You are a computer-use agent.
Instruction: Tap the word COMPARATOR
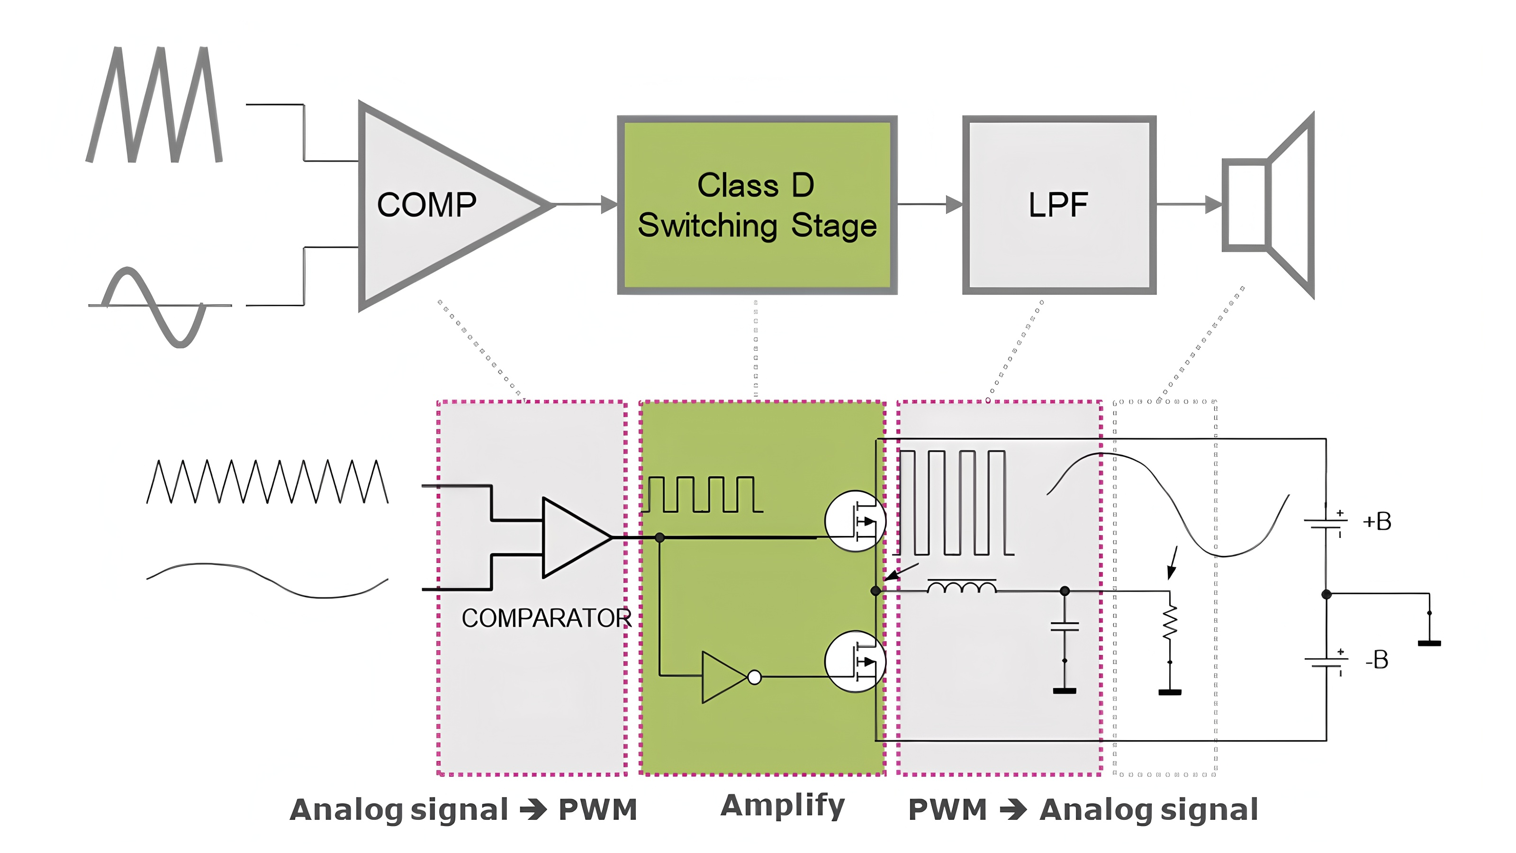[x=546, y=618]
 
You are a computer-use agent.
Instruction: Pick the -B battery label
[x=1377, y=660]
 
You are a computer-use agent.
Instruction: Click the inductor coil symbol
[x=962, y=587]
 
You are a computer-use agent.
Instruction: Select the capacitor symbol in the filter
[x=1065, y=626]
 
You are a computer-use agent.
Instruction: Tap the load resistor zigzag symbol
[x=1170, y=622]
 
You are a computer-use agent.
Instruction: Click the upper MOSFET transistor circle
[x=855, y=521]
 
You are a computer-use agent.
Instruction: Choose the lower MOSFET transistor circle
[x=855, y=662]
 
